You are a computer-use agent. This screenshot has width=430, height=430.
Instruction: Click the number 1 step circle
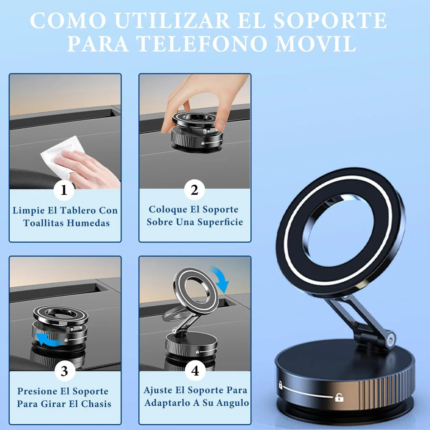coord(64,190)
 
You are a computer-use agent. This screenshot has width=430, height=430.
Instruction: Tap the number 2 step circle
coord(194,190)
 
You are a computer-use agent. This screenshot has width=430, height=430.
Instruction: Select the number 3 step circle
coord(64,371)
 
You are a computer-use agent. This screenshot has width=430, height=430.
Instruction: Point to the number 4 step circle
coord(195,371)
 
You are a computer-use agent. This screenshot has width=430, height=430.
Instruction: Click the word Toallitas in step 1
coord(44,223)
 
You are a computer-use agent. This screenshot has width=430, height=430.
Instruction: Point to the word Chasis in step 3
coord(96,404)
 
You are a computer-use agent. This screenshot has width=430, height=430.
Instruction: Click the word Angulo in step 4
coord(232,403)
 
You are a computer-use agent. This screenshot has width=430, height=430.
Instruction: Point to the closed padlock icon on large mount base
coord(280,386)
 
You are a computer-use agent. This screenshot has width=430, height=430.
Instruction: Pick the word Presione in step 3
coord(38,391)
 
